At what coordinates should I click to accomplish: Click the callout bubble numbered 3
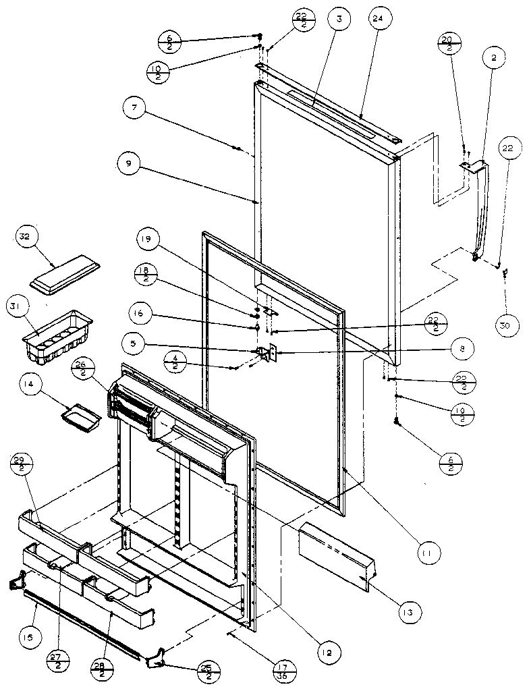click(x=339, y=20)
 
